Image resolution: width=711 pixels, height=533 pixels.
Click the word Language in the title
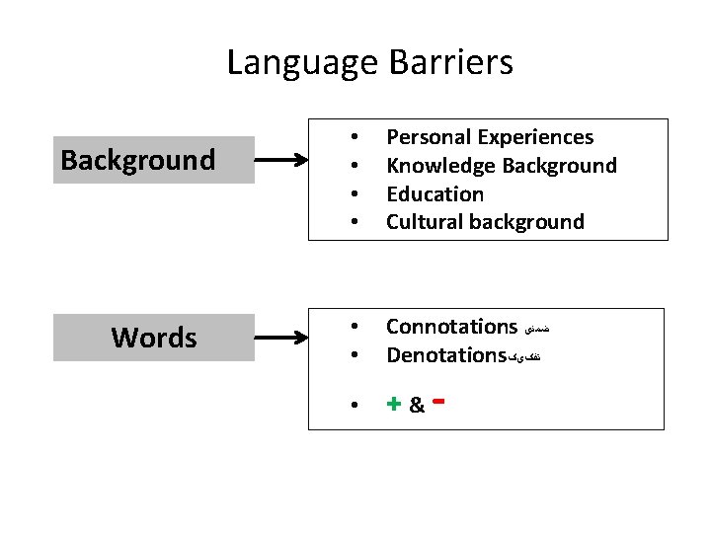coord(302,63)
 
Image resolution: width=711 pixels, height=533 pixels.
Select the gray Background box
coord(153,160)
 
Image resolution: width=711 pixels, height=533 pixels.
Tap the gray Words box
coord(153,338)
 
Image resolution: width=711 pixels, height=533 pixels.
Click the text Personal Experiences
coord(490,137)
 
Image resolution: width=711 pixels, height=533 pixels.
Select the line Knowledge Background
coord(501,166)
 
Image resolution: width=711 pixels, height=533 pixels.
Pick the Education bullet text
coord(434,194)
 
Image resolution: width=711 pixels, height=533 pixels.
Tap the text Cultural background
coord(485,222)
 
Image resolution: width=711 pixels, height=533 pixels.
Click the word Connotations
coord(451,327)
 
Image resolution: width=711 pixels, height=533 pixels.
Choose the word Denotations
coord(445,355)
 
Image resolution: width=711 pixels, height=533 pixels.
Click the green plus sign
coord(393,404)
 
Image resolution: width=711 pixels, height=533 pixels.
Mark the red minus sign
coord(436,401)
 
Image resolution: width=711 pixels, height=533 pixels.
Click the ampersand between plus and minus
coord(416,406)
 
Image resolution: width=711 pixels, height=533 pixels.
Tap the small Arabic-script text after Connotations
coord(534,328)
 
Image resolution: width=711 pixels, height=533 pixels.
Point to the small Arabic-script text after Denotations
coord(524,356)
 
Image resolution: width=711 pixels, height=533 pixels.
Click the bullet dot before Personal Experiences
coord(354,137)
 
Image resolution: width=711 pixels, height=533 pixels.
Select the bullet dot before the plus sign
coord(354,405)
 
